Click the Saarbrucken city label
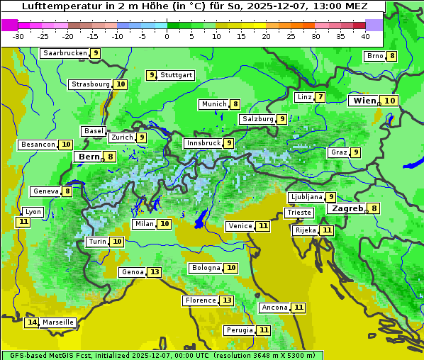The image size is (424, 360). pos(65,53)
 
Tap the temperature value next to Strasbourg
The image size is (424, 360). pos(121,84)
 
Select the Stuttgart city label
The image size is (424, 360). pos(176,75)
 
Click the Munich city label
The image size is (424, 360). pos(213,104)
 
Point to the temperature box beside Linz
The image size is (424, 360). pos(320,97)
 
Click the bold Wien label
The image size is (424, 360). pos(364,101)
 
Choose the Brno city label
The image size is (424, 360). pos(374,56)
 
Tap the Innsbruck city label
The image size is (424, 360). pos(202,143)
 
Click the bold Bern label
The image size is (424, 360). pos(89,157)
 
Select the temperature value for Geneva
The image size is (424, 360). pos(67,191)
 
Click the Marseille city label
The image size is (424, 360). pos(58,322)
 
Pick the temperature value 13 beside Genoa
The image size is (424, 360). pos(155,272)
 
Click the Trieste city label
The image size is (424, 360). pos(299,213)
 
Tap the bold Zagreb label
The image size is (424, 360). pos(346,208)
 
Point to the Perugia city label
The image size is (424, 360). pos(239,330)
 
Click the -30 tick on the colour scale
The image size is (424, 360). pos(18,36)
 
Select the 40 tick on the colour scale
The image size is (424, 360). pos(365,36)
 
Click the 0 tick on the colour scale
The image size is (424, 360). pos(167,36)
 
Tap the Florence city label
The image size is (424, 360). pos(200,300)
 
